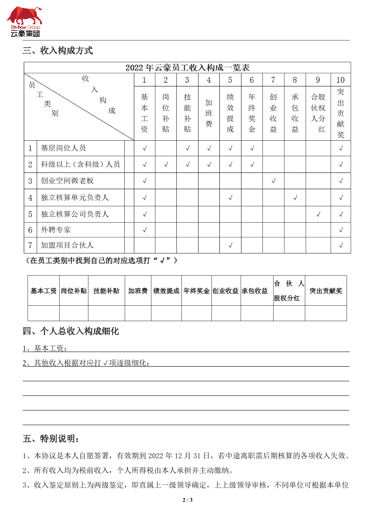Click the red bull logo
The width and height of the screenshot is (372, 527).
coord(24,16)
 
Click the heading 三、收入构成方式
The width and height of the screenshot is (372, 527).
coord(58,51)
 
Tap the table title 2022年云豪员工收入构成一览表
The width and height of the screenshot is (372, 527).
coord(187,68)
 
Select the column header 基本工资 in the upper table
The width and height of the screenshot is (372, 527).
coord(144,113)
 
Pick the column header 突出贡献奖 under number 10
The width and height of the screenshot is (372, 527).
coord(341,113)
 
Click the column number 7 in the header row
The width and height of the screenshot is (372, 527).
coord(273,80)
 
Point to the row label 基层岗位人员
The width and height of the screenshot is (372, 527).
coord(63,148)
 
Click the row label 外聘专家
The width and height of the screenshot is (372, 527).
coord(56,230)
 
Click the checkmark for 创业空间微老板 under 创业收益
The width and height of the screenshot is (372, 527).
coord(273,181)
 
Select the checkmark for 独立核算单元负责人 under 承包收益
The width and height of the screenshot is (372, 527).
coord(295,198)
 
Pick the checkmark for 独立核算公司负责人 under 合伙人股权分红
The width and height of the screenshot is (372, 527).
coord(318,214)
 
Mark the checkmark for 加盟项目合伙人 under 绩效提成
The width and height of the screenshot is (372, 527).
coord(230,246)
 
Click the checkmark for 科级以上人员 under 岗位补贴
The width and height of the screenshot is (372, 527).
coord(166,165)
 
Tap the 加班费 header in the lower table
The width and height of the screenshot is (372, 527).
coord(138,291)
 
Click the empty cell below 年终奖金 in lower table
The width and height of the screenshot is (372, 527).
coord(196,313)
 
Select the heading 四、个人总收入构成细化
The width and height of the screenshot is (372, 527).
coord(71,332)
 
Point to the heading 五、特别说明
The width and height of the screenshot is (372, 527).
coord(51,439)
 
